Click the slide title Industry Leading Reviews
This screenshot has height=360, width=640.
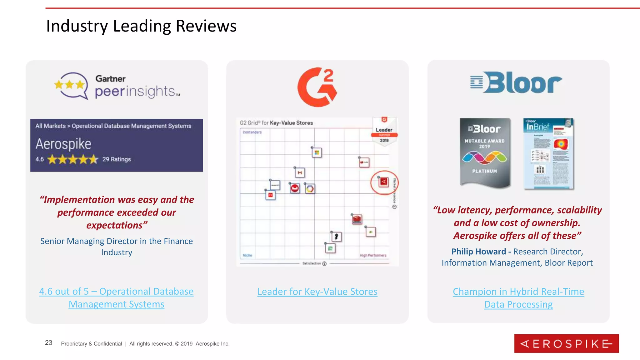[141, 26]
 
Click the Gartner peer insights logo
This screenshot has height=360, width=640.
[117, 86]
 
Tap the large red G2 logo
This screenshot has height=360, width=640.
[317, 87]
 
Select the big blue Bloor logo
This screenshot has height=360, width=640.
[516, 82]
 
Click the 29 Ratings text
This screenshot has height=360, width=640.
[117, 159]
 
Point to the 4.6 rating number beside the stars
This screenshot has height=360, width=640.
[39, 159]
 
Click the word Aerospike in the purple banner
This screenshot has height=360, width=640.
[63, 144]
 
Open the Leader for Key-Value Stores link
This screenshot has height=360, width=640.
[317, 292]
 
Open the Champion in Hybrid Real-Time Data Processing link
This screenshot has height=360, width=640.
[518, 298]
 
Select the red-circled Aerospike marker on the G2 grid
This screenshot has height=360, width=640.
[383, 182]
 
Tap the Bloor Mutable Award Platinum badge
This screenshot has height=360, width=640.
[485, 153]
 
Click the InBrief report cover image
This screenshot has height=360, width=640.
[549, 154]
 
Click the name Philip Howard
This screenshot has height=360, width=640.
[478, 252]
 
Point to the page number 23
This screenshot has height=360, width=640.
[48, 343]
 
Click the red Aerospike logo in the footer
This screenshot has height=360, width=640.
[566, 344]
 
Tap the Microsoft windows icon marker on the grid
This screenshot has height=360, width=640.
[317, 153]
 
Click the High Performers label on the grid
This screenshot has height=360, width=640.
[373, 255]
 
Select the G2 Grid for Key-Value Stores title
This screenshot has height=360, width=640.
[276, 123]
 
